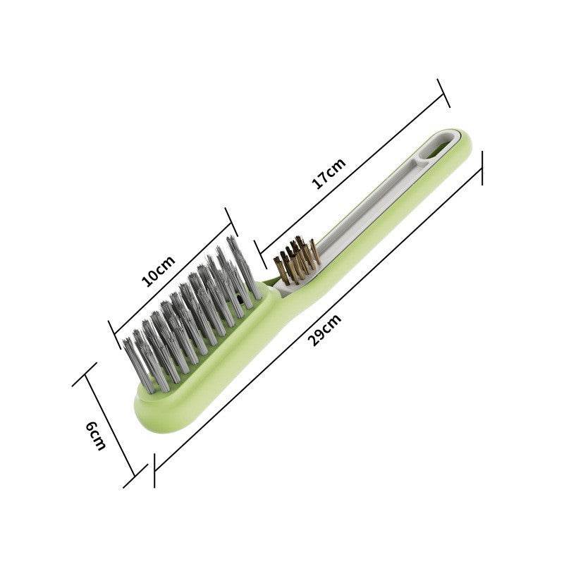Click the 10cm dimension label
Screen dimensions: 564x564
158,271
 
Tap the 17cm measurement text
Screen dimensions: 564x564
329,173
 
